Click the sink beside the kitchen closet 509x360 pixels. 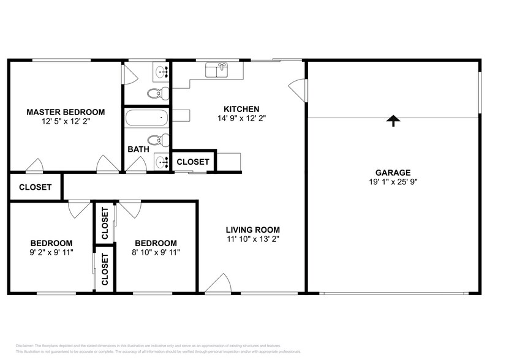161,162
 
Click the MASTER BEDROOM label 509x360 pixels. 66,112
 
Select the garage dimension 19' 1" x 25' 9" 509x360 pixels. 393,182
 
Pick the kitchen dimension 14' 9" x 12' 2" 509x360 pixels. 241,118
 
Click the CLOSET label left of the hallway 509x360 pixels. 35,187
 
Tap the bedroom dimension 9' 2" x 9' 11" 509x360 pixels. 52,252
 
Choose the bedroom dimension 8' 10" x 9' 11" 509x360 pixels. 156,252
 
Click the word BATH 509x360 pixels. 138,149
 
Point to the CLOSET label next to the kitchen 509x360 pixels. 193,162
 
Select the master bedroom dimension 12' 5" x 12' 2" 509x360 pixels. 66,122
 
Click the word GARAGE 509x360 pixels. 393,172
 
